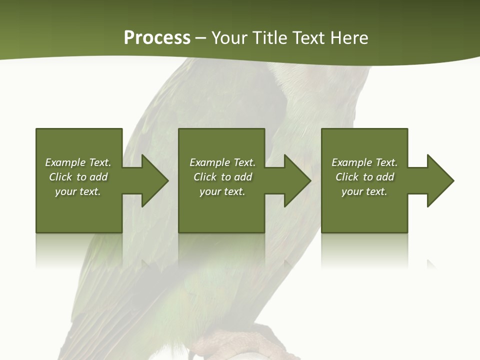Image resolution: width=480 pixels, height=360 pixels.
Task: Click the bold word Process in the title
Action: tap(157, 38)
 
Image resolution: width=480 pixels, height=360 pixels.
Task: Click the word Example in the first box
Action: tap(65, 162)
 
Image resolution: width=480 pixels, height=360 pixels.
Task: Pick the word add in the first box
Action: tap(98, 177)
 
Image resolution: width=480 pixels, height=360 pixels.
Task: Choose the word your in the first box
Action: tap(65, 191)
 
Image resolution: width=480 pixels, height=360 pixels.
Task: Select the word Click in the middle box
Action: tap(205, 177)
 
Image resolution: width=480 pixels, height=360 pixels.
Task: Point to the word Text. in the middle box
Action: tap(244, 162)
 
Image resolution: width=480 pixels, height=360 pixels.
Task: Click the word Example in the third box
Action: tap(351, 162)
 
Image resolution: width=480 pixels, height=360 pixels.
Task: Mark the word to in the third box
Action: tap(368, 177)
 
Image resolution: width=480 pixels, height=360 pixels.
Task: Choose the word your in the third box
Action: tap(351, 191)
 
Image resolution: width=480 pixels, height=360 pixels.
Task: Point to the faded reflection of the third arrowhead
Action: tap(431, 264)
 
